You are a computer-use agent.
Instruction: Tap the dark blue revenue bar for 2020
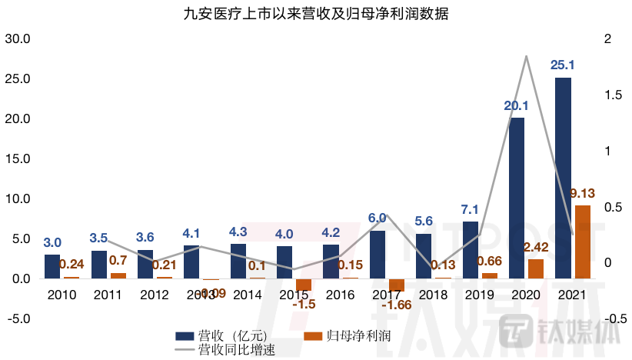[x=517, y=198]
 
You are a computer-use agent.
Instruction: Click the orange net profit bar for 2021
[x=583, y=242]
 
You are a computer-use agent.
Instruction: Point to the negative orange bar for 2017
[x=396, y=285]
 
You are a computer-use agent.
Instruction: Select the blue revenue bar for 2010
[x=52, y=266]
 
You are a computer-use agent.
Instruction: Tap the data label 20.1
[x=517, y=105]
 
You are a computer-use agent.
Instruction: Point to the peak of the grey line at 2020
[x=526, y=56]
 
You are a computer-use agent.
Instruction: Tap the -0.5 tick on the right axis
[x=597, y=318]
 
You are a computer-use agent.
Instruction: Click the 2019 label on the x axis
[x=479, y=295]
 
